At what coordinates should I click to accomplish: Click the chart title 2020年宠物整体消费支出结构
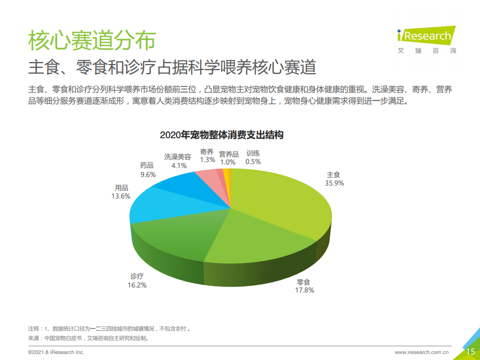(x=221, y=135)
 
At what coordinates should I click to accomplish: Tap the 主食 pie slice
(x=285, y=200)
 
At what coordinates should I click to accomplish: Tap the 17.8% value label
(x=304, y=290)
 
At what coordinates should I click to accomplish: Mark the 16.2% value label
(x=137, y=285)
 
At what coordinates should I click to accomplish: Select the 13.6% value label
(x=121, y=196)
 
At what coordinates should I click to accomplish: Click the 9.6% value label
(x=148, y=174)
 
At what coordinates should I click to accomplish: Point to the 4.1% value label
(x=178, y=165)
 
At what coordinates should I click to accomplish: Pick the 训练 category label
(x=253, y=153)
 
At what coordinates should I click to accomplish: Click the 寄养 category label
(x=207, y=152)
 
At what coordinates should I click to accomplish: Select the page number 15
(x=470, y=352)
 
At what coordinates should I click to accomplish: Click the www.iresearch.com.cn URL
(x=422, y=352)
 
